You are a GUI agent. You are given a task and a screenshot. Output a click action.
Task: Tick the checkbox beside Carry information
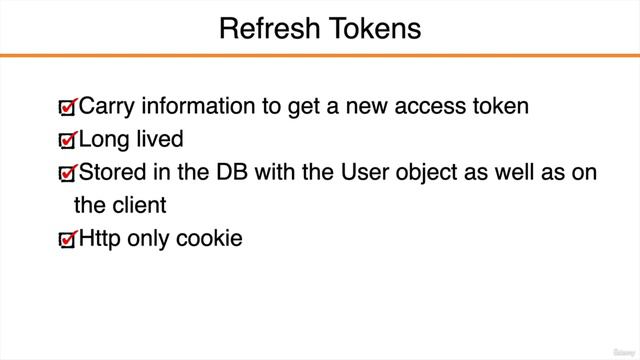pos(67,107)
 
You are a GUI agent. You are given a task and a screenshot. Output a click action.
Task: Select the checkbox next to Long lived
pos(67,141)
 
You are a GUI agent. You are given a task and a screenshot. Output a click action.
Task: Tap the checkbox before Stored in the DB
pos(67,175)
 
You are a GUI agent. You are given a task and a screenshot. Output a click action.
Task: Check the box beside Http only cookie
pos(67,241)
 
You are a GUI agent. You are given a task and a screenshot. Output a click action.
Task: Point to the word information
pos(190,106)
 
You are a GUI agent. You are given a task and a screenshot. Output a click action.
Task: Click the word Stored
pos(110,173)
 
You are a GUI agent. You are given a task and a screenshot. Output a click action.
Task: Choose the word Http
pos(99,239)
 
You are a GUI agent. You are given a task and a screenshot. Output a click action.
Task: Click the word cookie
pos(208,239)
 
